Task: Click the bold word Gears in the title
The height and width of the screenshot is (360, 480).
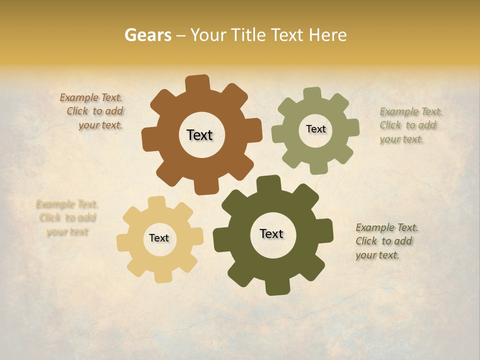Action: point(147,35)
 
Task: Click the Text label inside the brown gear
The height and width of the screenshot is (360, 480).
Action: point(199,135)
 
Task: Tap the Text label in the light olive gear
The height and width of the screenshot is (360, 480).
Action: point(315,129)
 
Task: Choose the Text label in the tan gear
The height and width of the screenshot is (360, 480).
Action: point(159,238)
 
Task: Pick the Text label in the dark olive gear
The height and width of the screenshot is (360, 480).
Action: point(271,233)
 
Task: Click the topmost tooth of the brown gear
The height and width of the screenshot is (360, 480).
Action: point(198,83)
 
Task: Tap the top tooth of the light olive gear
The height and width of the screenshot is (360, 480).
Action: point(312,94)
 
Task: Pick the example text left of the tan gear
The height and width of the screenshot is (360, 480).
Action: point(66,218)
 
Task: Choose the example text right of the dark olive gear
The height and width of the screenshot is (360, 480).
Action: point(386,241)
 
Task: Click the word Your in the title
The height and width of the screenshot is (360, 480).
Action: point(209,35)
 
